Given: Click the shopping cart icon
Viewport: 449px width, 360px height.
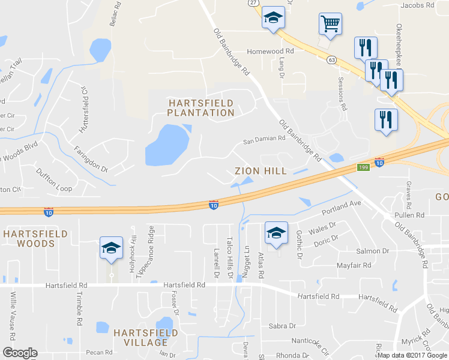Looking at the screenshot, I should (x=330, y=25).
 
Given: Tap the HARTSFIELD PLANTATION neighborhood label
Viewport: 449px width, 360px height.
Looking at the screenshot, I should (x=200, y=108).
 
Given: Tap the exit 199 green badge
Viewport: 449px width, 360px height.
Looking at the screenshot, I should (x=363, y=167).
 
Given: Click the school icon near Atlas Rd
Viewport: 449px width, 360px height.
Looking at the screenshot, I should (x=276, y=233).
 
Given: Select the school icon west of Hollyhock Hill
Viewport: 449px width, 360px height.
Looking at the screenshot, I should (x=111, y=249).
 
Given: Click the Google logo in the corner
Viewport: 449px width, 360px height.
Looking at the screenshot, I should (x=20, y=353).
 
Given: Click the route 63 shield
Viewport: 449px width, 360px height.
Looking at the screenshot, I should (x=331, y=59).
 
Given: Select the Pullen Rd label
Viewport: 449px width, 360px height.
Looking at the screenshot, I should (x=409, y=215).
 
